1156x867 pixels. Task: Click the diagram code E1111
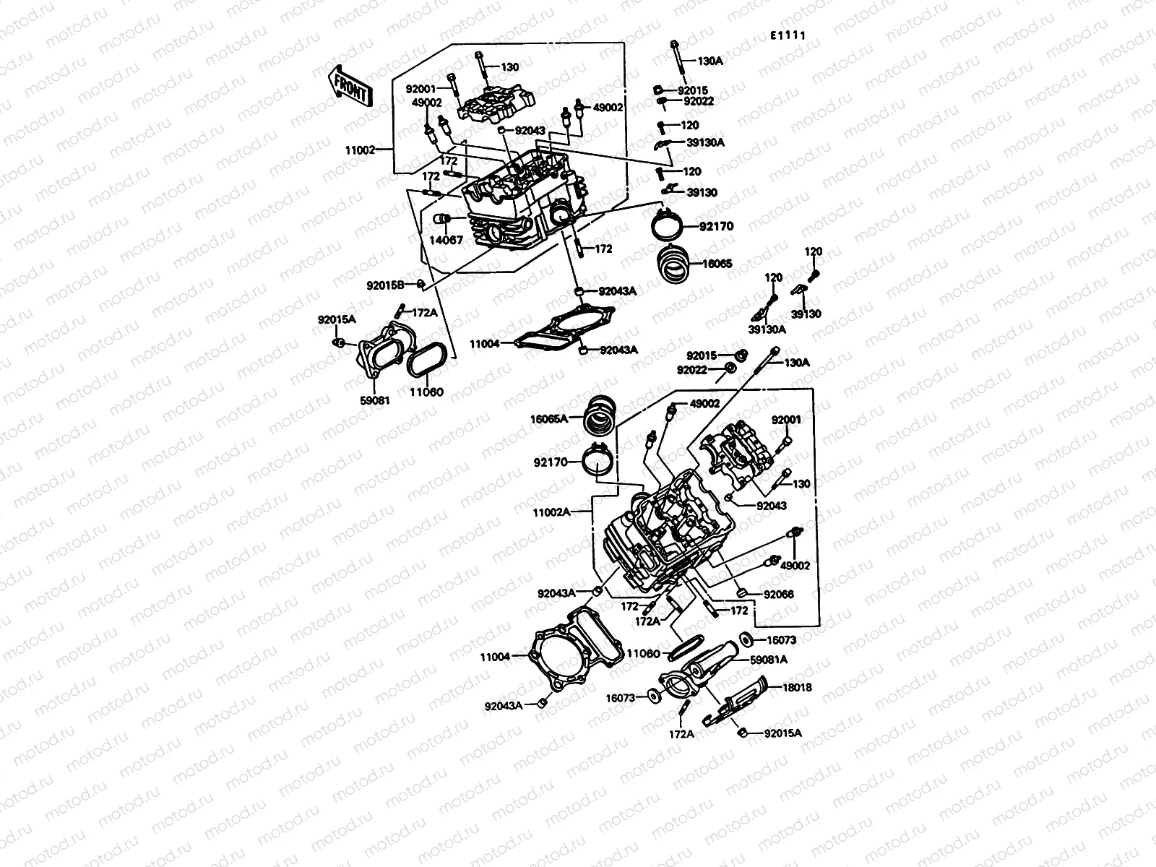point(788,35)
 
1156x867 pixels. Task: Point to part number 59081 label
point(375,400)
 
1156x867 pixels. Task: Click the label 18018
point(796,687)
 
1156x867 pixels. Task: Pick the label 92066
point(779,595)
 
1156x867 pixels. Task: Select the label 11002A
point(552,512)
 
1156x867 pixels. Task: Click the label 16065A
point(549,418)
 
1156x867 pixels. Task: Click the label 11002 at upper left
point(360,150)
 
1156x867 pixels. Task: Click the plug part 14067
point(440,220)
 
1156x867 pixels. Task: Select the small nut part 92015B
point(420,284)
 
